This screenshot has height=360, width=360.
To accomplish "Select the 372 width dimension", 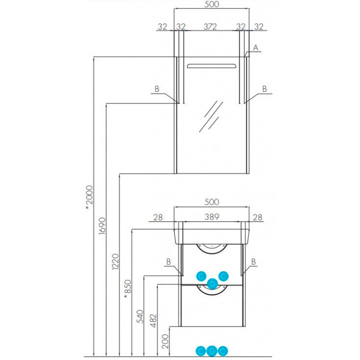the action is coord(210,26).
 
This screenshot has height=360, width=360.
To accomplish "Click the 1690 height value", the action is coord(102,226).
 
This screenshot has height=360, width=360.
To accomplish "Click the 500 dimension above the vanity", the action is coord(211,202).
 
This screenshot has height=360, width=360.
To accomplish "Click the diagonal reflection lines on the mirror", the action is coord(211,116).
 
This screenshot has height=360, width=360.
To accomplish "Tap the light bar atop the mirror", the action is coord(211,66).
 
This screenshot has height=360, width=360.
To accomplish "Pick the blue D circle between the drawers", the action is coord(212,283).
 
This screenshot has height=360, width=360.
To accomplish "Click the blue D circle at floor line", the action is coord(212,351).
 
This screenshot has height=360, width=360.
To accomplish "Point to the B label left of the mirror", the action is coord(157,89).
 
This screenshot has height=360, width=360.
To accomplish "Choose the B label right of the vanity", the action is coord(254,262).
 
